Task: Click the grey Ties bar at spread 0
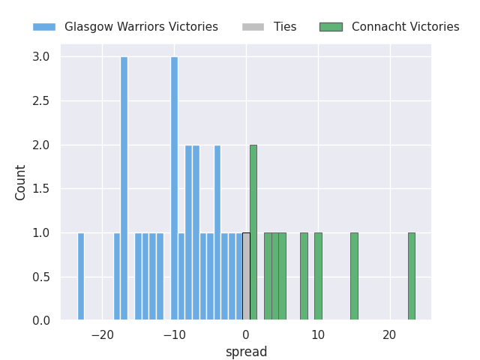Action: coord(246,277)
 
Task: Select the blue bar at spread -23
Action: coord(81,277)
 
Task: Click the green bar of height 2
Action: coord(253,232)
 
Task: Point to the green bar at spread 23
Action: coord(411,277)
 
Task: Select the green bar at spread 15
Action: coord(354,277)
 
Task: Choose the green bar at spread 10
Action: coord(318,277)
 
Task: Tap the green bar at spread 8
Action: coord(304,277)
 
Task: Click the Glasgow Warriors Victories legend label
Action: coord(141,27)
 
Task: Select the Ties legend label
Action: coord(285,27)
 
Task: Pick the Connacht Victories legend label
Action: coord(405,27)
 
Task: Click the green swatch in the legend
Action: coord(331,27)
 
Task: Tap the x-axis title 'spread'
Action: coord(246,352)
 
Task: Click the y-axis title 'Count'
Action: coord(21,182)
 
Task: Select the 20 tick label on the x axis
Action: coord(390,334)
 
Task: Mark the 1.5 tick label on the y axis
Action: coord(41,189)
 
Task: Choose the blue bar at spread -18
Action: coord(117,277)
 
